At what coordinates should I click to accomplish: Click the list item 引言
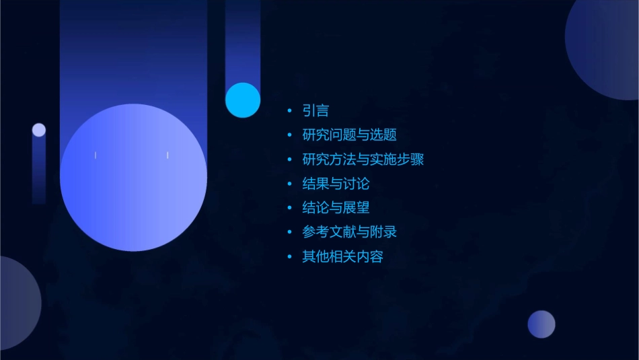pyautogui.click(x=315, y=111)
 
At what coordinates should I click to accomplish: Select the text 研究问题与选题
pyautogui.click(x=349, y=135)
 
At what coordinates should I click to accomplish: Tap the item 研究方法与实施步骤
pyautogui.click(x=363, y=159)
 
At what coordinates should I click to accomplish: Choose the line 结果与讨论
pyautogui.click(x=336, y=184)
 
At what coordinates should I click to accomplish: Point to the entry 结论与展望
pyautogui.click(x=336, y=208)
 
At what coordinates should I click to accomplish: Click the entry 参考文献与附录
pyautogui.click(x=349, y=232)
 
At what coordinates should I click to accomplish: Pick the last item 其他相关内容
pyautogui.click(x=342, y=256)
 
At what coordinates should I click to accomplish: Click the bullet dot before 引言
pyautogui.click(x=289, y=111)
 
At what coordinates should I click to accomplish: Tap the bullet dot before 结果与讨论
pyautogui.click(x=289, y=184)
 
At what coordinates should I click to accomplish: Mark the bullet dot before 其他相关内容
pyautogui.click(x=289, y=256)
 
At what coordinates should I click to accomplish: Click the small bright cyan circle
pyautogui.click(x=243, y=100)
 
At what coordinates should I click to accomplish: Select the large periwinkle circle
pyautogui.click(x=133, y=178)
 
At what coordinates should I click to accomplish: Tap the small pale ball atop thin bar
pyautogui.click(x=39, y=130)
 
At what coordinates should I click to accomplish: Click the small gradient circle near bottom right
pyautogui.click(x=541, y=324)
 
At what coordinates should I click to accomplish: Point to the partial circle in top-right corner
pyautogui.click(x=605, y=47)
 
